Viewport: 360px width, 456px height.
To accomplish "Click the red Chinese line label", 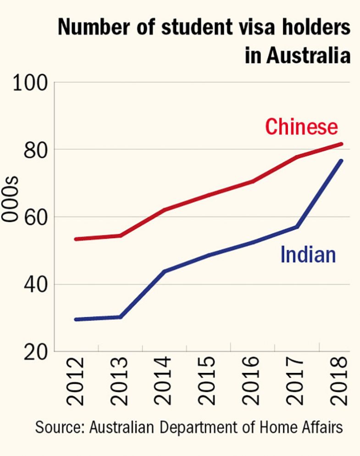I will (302, 126).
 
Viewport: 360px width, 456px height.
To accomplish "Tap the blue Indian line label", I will (308, 255).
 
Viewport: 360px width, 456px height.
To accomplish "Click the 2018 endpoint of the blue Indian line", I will (341, 161).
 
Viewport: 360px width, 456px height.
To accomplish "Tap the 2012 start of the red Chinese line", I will (76, 239).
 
